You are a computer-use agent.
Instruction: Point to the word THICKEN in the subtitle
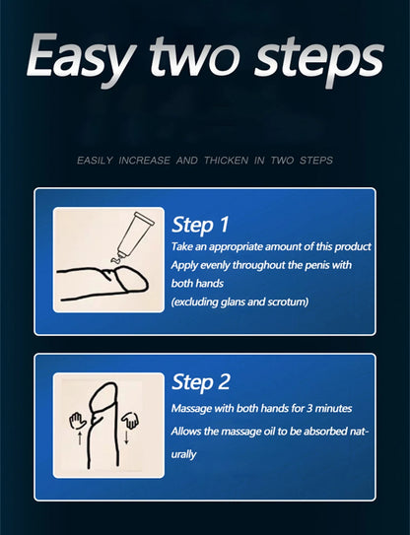(226, 161)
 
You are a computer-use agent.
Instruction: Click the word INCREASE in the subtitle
(144, 161)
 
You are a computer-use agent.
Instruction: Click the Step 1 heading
(200, 226)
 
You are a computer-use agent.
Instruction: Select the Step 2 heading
(201, 382)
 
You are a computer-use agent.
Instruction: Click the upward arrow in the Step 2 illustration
(80, 437)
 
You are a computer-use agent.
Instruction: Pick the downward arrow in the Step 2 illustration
(126, 437)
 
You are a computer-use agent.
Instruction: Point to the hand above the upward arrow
(78, 421)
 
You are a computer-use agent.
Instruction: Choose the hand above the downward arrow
(130, 421)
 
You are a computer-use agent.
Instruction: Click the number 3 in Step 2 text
(308, 409)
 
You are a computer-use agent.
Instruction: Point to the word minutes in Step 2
(333, 409)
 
